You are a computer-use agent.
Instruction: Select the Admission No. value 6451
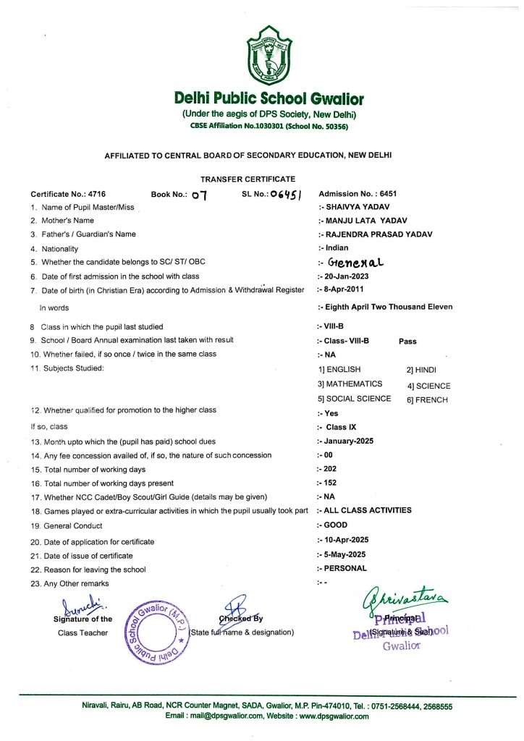click(x=385, y=194)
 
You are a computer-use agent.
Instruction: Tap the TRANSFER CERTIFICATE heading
click(x=248, y=178)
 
